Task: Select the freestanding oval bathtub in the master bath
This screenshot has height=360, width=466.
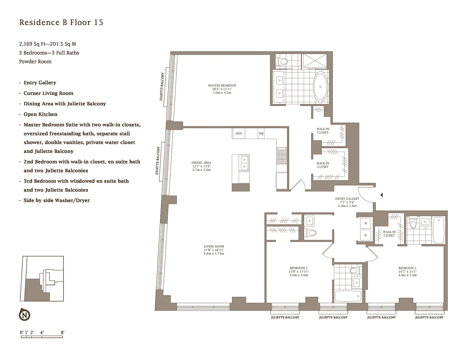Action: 320,87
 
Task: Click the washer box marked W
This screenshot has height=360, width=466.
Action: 366,223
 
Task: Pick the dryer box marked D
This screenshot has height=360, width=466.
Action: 366,235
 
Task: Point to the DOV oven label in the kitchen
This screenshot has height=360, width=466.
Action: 239,133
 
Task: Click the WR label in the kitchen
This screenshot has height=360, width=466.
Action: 261,133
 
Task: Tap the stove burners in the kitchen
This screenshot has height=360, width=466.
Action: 282,157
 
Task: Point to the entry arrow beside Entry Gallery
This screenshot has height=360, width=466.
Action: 382,195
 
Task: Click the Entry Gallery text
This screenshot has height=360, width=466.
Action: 347,198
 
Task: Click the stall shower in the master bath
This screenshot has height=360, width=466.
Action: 314,61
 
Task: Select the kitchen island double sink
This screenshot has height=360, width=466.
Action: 244,163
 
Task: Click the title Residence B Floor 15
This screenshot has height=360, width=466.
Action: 61,22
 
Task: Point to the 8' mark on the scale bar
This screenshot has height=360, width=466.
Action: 63,332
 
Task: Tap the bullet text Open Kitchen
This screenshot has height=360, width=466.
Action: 40,114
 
